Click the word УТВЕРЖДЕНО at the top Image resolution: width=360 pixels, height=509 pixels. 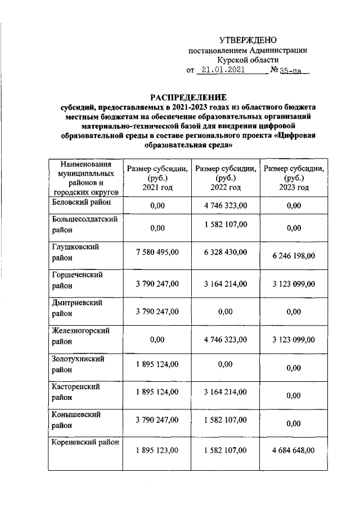coord(248,40)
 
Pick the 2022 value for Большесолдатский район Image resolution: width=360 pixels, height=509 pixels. coord(225,224)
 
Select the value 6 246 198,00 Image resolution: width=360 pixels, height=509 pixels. coord(293,255)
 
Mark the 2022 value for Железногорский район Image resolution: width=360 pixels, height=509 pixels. coord(225,339)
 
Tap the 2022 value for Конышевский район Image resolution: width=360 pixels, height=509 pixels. coord(225,420)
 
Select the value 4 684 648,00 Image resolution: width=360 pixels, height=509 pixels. coord(293,450)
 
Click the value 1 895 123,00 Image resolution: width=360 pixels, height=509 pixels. coord(157,450)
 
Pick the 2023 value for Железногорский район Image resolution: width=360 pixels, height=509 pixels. coord(293,340)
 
